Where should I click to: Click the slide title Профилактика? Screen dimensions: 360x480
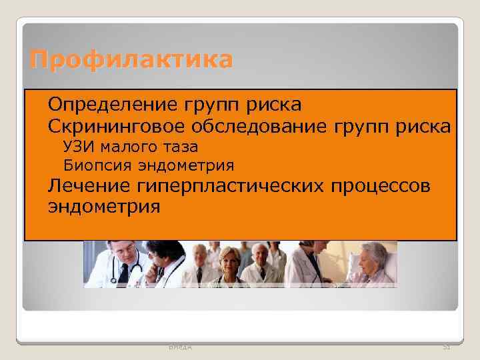pyautogui.click(x=131, y=60)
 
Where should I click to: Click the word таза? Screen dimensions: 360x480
pyautogui.click(x=181, y=147)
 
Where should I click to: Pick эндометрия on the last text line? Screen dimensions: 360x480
pyautogui.click(x=104, y=206)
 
